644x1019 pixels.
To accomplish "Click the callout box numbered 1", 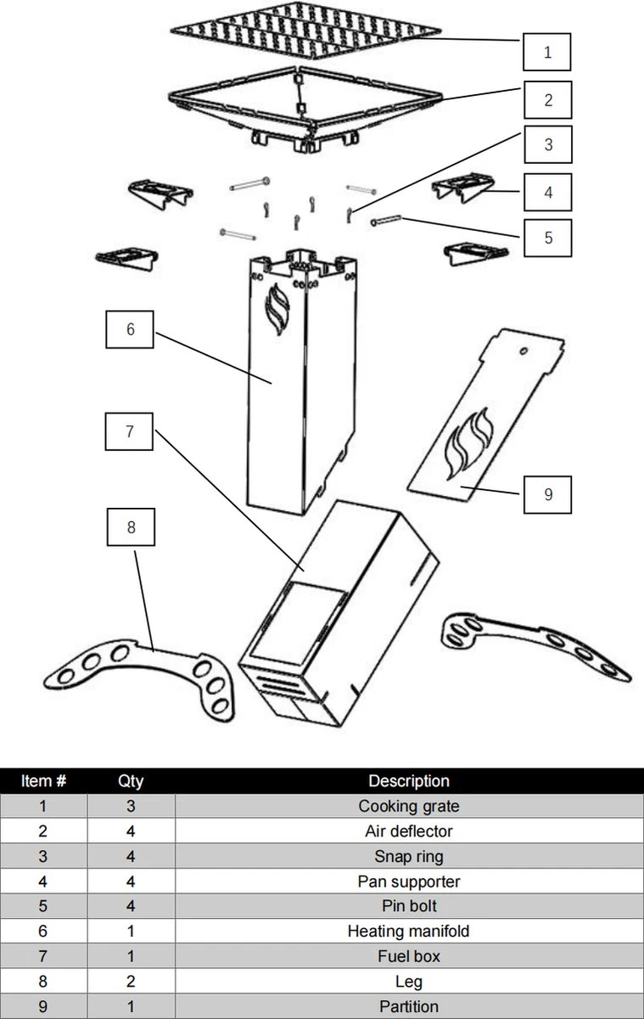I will click(547, 52).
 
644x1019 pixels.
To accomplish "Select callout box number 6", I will click(130, 329).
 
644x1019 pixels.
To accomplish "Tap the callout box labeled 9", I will click(547, 493).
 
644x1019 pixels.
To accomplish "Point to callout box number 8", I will click(131, 527).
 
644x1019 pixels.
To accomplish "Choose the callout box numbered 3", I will click(547, 144).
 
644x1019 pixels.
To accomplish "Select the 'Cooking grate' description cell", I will click(409, 806).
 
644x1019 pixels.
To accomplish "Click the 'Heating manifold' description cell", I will click(409, 931).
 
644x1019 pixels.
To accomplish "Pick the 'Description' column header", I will click(409, 780).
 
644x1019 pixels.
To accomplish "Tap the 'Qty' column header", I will click(131, 780).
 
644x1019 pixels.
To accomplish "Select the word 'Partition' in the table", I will click(409, 1006).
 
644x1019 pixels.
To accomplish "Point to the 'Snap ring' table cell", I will click(409, 856).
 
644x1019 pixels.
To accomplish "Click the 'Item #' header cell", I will click(43, 780).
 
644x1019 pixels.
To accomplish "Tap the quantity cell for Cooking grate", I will click(131, 806).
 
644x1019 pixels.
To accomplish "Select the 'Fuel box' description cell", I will click(409, 956).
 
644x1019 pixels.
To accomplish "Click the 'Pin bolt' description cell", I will click(409, 906).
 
